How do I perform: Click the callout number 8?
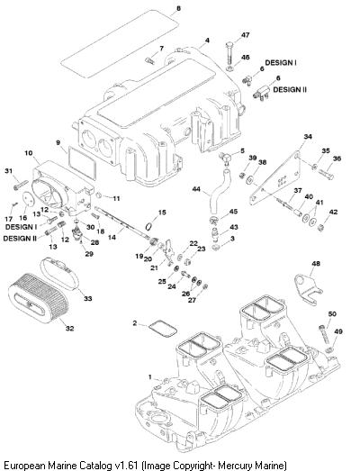pyautogui.click(x=178, y=8)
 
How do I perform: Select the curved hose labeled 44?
pyautogui.click(x=219, y=188)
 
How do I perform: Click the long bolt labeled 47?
pyautogui.click(x=229, y=54)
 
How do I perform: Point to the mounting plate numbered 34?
pyautogui.click(x=276, y=178)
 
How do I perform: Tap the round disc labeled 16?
pyautogui.click(x=29, y=199)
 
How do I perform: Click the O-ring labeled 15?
pyautogui.click(x=150, y=225)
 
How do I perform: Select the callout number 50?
pyautogui.click(x=332, y=314)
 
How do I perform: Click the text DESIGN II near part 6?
pyautogui.click(x=290, y=89)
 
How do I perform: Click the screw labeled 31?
pyautogui.click(x=21, y=185)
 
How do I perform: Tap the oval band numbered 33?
pyautogui.click(x=58, y=272)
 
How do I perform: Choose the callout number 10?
pyautogui.click(x=29, y=153)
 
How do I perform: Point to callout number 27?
pyautogui.click(x=193, y=300)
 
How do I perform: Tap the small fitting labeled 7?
pyautogui.click(x=149, y=60)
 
